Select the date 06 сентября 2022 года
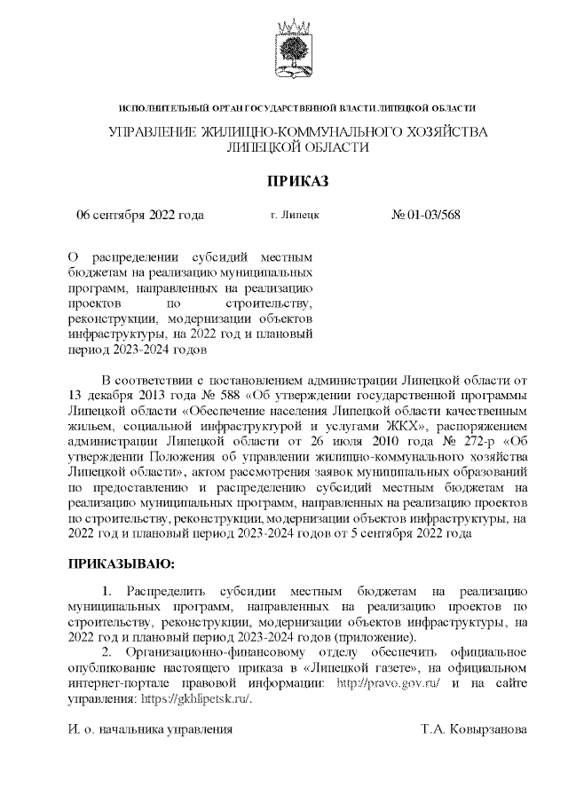coord(140,215)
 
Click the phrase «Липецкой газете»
coord(359,666)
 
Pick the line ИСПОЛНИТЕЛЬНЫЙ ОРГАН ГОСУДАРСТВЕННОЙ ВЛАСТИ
coord(297,107)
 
